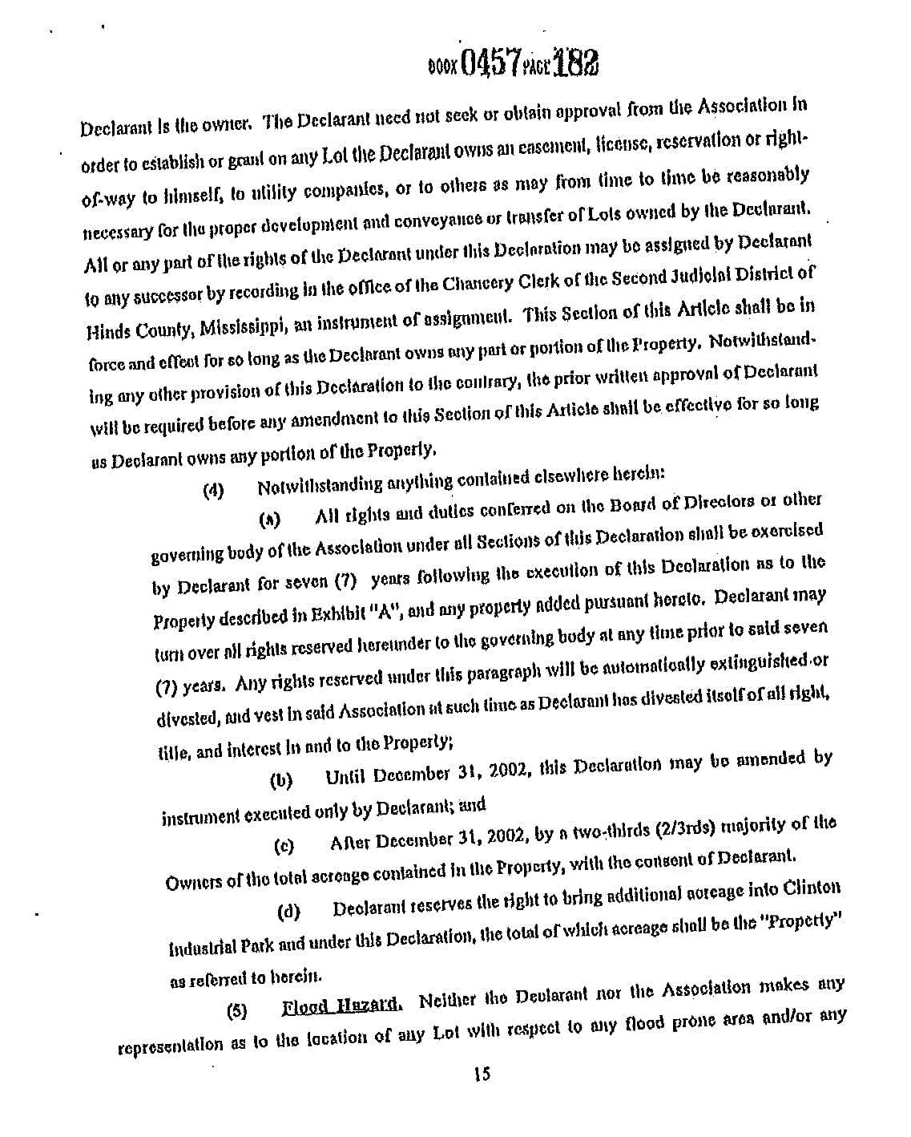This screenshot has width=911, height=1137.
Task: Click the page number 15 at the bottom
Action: (x=482, y=1074)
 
